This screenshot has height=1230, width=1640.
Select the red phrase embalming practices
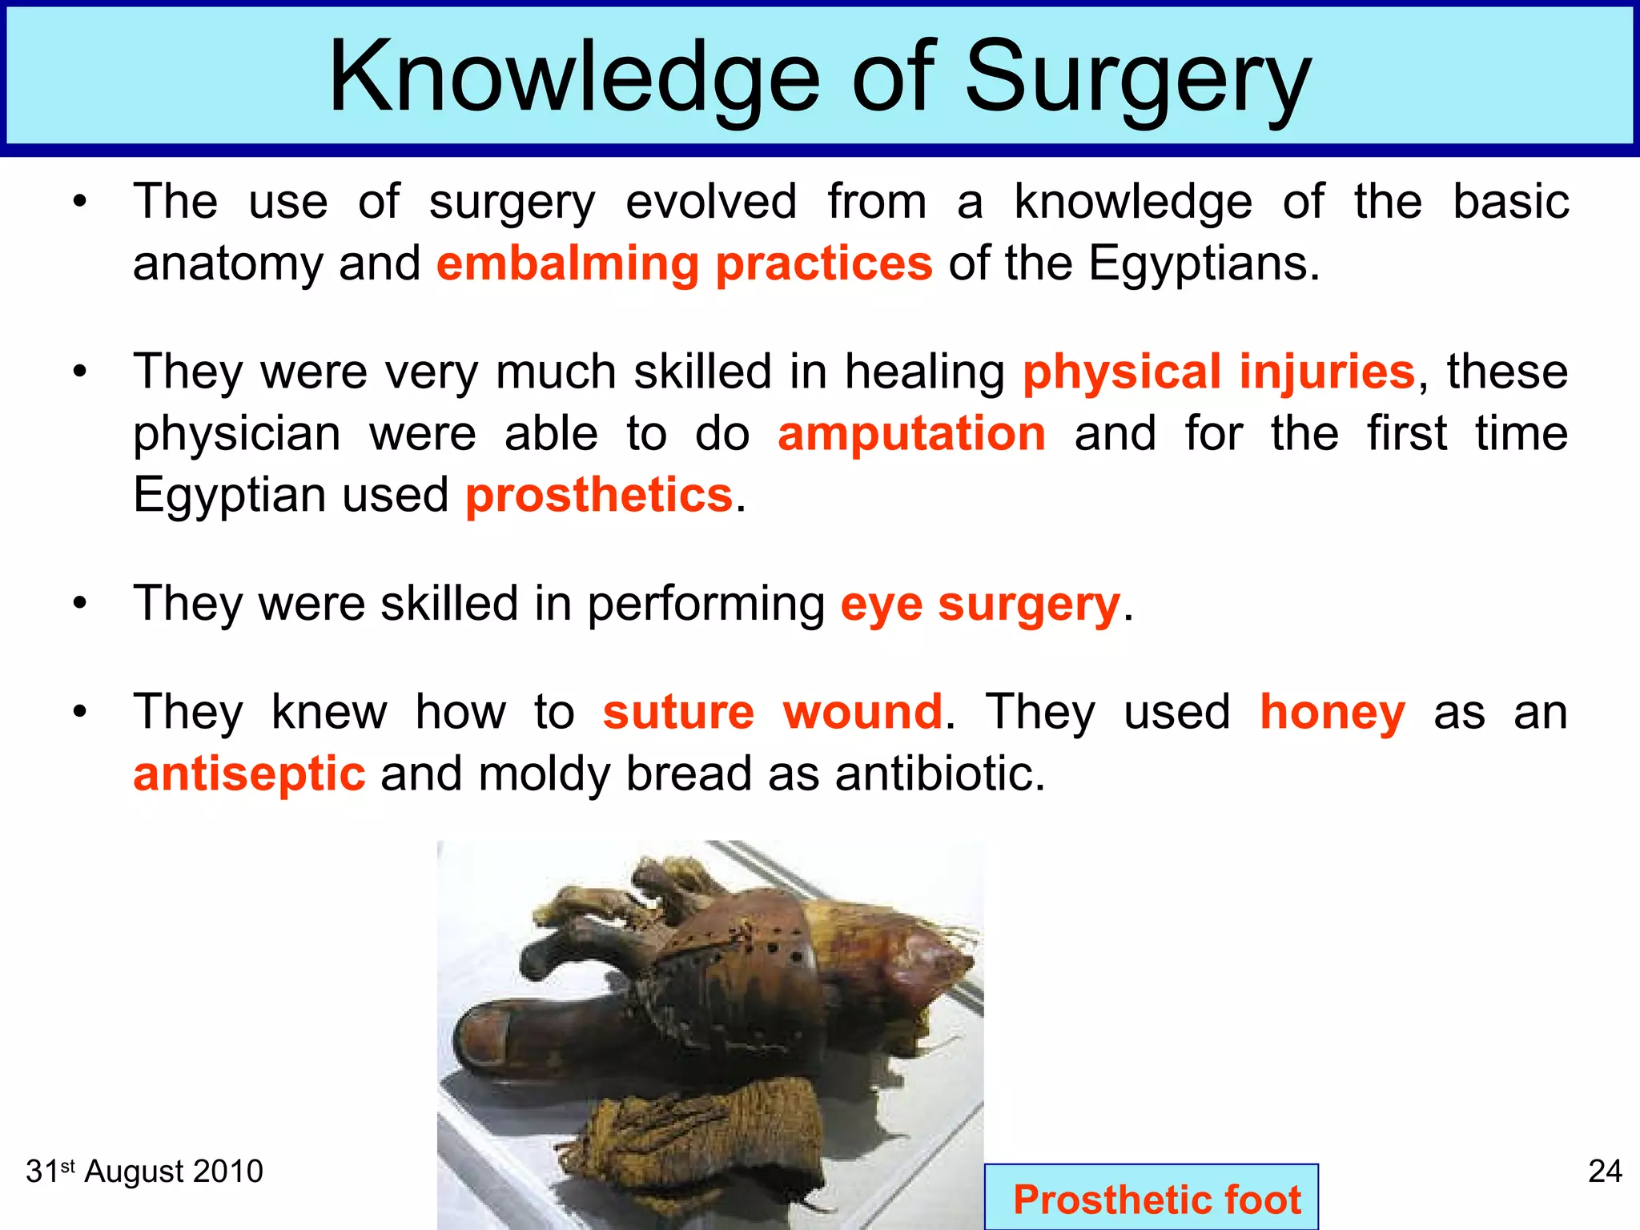point(685,263)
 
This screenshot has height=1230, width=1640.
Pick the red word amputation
point(911,433)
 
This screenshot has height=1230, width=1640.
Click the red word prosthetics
point(599,495)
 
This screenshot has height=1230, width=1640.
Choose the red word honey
point(1332,712)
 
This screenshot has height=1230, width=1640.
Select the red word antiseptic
point(249,774)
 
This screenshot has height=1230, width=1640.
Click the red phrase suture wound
point(773,712)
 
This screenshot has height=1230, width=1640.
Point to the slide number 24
point(1604,1172)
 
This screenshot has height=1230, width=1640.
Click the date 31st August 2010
point(144,1172)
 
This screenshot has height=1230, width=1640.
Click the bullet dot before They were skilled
point(78,603)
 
